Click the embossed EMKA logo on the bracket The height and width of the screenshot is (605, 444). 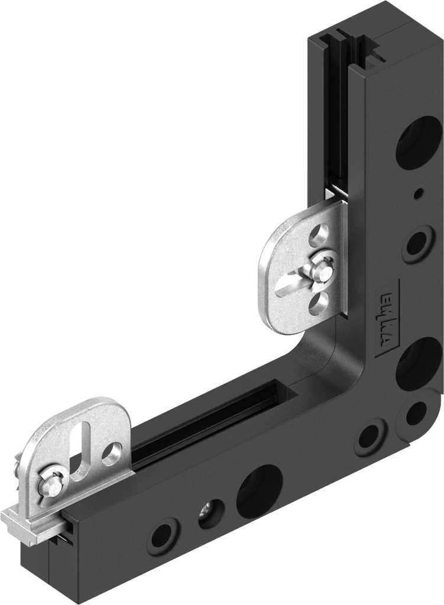point(387,320)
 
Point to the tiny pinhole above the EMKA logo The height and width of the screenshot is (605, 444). point(419,193)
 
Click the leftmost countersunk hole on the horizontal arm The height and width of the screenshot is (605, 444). point(164,535)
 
